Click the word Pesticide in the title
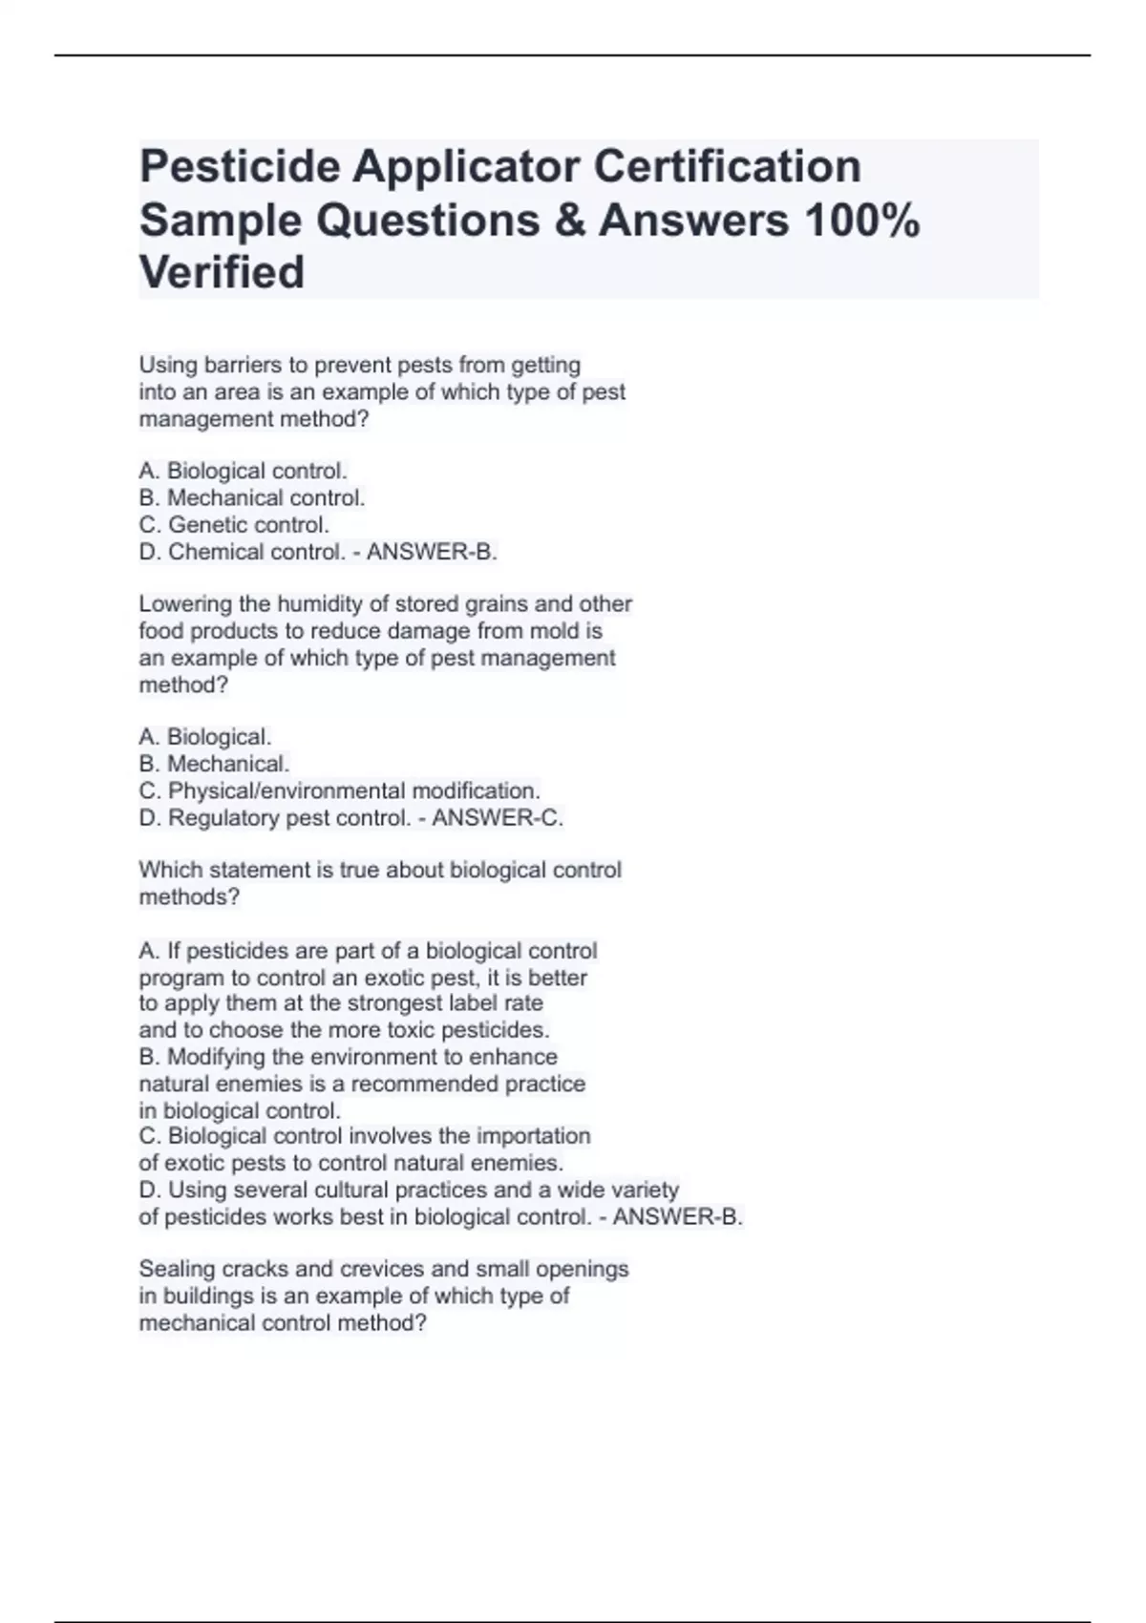(x=239, y=167)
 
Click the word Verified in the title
(x=222, y=273)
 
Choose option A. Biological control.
(x=243, y=471)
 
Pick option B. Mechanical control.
(x=252, y=497)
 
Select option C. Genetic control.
(x=234, y=524)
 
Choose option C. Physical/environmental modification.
(x=340, y=790)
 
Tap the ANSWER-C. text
(x=498, y=818)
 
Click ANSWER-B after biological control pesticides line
(x=677, y=1217)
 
